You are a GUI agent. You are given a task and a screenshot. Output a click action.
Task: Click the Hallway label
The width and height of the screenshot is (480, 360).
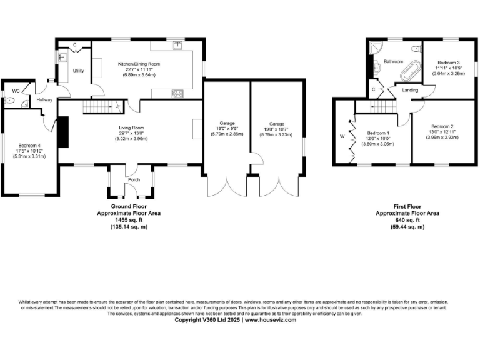(44, 100)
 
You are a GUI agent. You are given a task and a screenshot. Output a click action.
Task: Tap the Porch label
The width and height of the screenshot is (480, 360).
(134, 180)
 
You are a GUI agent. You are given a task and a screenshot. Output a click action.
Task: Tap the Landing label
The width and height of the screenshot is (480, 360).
(410, 91)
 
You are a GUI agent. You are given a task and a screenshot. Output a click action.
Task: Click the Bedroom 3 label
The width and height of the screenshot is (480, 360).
(448, 62)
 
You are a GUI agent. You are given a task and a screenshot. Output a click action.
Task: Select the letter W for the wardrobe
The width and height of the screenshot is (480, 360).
(342, 136)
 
